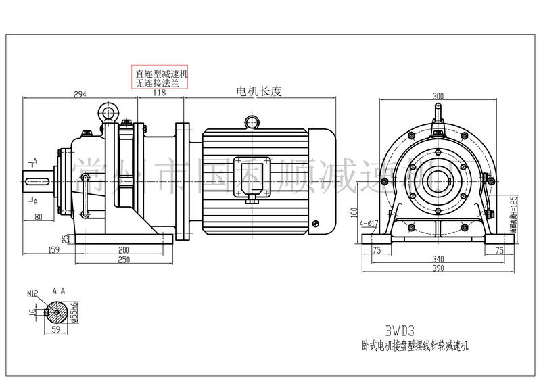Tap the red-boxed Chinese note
click(162, 78)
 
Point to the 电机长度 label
click(258, 91)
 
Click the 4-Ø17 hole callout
click(369, 221)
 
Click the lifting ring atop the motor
click(251, 121)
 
